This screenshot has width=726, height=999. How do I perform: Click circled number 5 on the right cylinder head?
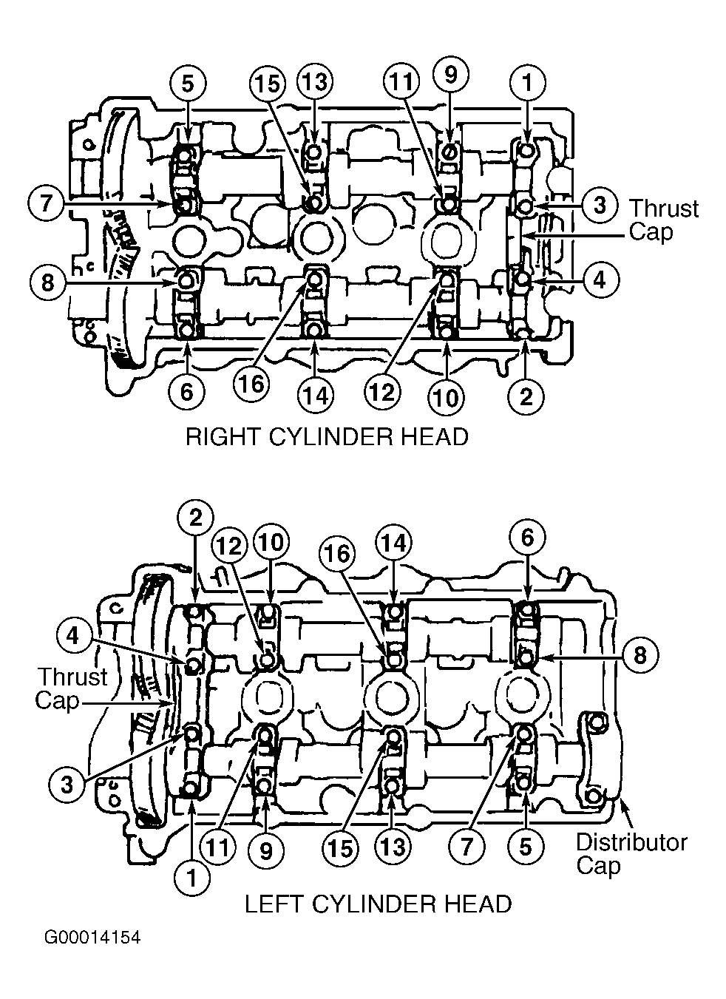tap(188, 84)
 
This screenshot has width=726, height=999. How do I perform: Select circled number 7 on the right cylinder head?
tap(46, 203)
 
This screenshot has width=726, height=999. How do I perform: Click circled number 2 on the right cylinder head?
tap(526, 396)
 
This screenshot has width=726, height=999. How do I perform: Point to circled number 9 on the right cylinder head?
tap(450, 75)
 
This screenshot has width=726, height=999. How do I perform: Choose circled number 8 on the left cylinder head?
tap(640, 656)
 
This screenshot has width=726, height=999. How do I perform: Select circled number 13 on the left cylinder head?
tap(393, 846)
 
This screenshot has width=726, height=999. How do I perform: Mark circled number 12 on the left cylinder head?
tap(230, 546)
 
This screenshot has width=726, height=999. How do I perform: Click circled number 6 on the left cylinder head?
tap(527, 538)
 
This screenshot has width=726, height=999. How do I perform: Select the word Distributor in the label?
tap(631, 842)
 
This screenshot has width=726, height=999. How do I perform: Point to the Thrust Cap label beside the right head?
tap(664, 220)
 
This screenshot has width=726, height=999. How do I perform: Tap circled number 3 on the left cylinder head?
tap(67, 785)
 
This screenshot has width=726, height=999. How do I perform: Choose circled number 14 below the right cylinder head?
tap(316, 396)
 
